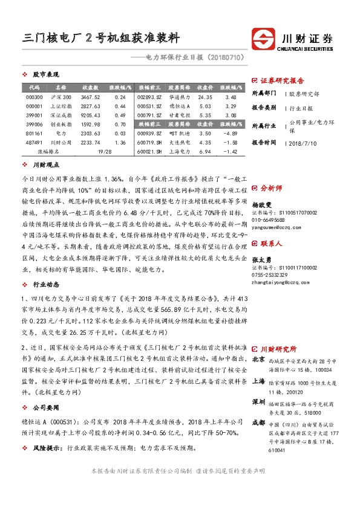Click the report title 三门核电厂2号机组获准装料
[100, 38]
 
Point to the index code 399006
[34, 123]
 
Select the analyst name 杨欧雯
[261, 205]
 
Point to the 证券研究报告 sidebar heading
[282, 80]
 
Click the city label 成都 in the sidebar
[258, 421]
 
